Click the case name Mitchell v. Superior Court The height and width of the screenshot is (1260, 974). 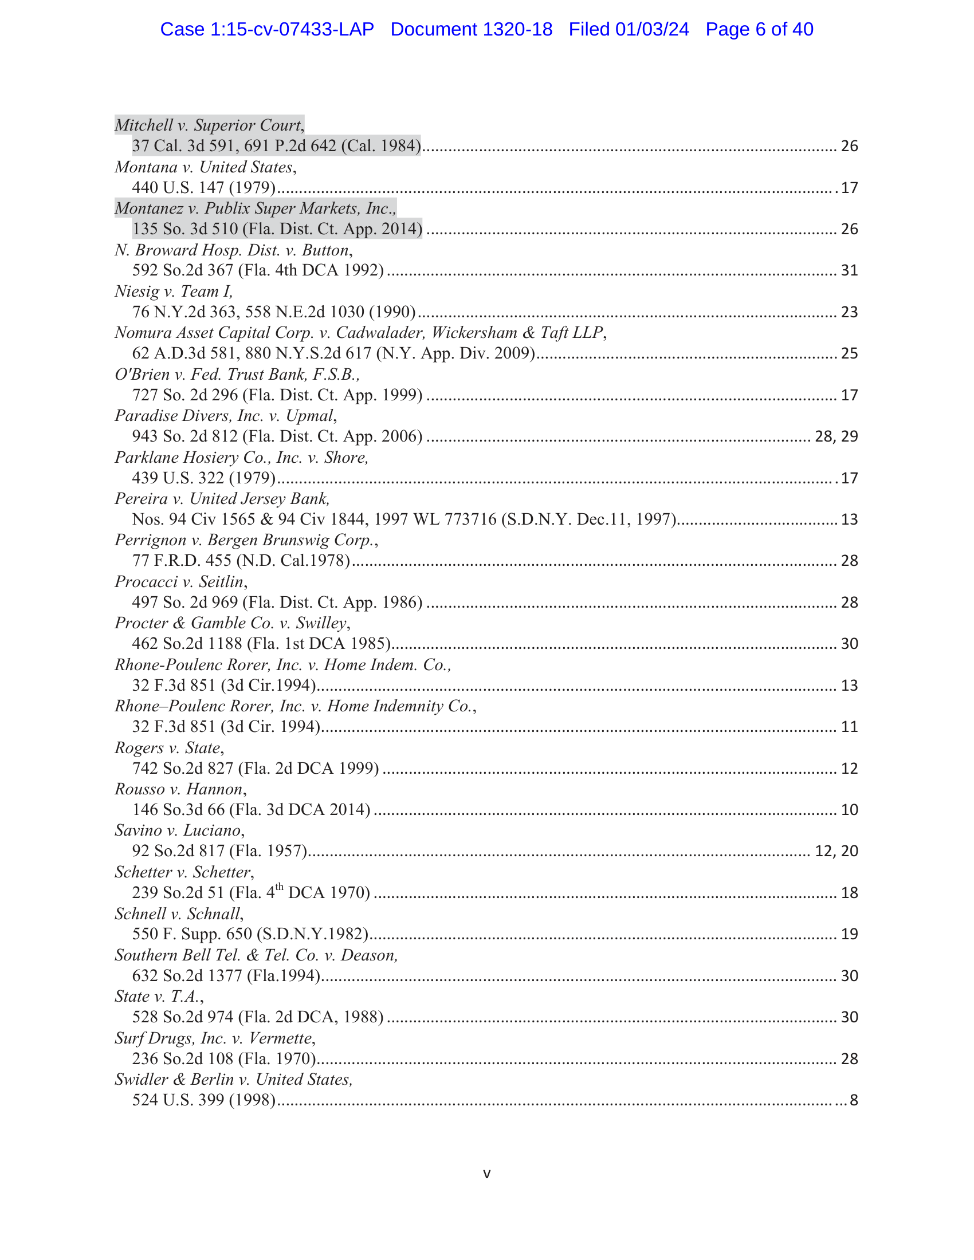tap(209, 125)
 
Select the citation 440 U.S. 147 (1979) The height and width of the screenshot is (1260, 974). tap(204, 187)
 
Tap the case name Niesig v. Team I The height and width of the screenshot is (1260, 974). tap(174, 292)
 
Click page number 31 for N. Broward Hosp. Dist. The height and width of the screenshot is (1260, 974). tap(849, 270)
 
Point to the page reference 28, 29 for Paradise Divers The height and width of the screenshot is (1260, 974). tap(836, 436)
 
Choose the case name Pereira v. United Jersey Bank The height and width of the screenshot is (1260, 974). tap(222, 498)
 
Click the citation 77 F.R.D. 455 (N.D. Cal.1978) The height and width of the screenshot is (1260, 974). tap(241, 561)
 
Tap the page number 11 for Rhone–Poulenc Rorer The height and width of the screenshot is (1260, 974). tap(849, 727)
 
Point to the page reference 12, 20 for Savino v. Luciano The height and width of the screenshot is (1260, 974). tap(836, 851)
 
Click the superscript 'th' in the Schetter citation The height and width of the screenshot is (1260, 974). tap(279, 887)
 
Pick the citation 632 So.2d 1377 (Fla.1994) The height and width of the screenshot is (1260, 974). tap(226, 975)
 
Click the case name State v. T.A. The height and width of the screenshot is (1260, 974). tap(159, 997)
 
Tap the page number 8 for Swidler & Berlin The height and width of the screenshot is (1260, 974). tap(854, 1100)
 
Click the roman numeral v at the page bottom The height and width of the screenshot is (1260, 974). tap(487, 1174)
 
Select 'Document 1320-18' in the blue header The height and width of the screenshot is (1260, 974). tap(472, 29)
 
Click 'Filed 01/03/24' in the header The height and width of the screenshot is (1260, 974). tap(629, 29)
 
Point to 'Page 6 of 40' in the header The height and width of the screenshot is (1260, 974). tap(759, 29)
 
